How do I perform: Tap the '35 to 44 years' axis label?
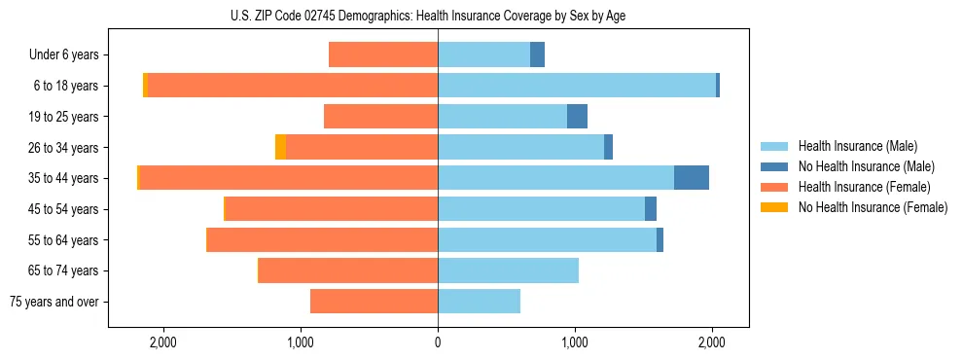coord(64,178)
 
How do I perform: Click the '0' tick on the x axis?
coord(438,342)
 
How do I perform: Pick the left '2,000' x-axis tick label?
coord(162,342)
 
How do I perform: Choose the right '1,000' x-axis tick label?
coord(575,342)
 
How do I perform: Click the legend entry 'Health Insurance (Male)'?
coord(857,146)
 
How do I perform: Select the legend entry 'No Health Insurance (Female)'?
coord(873,207)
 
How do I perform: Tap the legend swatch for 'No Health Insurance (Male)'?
coord(774,166)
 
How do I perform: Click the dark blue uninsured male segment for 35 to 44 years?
coord(691,178)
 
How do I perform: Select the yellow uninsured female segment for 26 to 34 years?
coord(280,147)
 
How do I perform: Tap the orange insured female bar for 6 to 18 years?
coord(292,86)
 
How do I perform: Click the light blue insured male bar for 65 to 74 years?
coord(508,270)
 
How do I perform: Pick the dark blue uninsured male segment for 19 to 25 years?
coord(577,116)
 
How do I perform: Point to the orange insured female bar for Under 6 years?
coord(383,54)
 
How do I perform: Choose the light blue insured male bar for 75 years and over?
coord(479,302)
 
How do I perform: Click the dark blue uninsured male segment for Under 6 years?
coord(537,54)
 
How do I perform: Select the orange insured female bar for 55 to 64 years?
coord(322,239)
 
